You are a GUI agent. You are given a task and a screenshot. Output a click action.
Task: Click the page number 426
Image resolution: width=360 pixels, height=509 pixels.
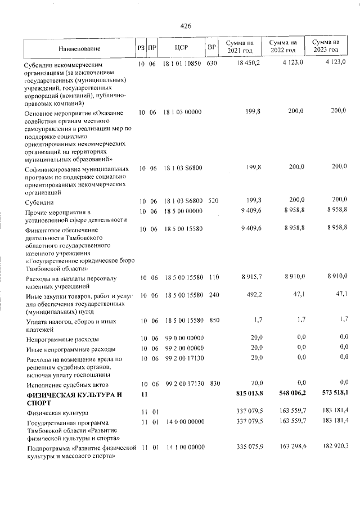186,25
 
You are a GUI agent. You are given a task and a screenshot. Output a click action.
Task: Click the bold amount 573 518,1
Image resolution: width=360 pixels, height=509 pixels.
330,395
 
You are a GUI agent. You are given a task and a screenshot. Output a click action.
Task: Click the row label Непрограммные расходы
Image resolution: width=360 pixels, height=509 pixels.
62,340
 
